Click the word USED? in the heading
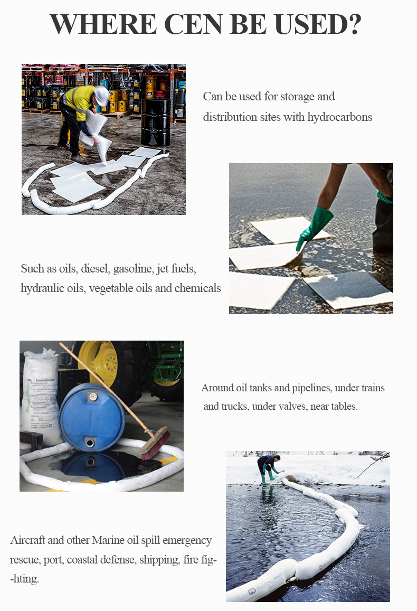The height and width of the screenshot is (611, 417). point(318,24)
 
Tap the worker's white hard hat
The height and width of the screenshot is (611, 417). point(102,96)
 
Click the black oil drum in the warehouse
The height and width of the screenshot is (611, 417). point(156,122)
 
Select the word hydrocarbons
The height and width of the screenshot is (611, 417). point(340,117)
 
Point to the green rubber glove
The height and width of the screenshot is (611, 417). point(315,228)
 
